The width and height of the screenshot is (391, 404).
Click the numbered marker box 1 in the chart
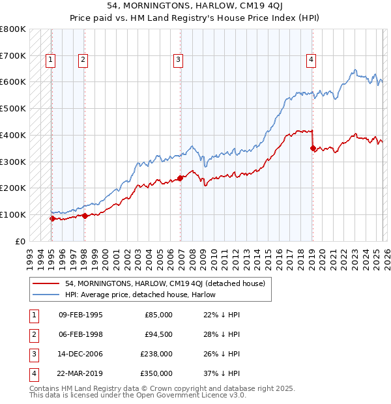click(51, 60)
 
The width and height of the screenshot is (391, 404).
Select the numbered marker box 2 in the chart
click(83, 60)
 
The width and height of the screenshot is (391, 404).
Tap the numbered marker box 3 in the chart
click(178, 60)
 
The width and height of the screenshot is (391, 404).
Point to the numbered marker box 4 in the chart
click(311, 60)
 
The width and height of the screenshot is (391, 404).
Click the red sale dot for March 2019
click(313, 148)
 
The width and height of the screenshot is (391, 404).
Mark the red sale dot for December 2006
click(180, 178)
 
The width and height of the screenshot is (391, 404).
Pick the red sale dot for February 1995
click(52, 218)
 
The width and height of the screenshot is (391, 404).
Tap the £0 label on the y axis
click(20, 241)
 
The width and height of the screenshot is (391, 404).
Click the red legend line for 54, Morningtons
click(46, 284)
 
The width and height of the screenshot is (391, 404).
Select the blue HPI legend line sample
click(46, 295)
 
